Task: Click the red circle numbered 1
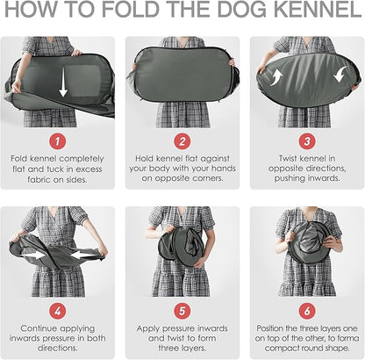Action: point(57,141)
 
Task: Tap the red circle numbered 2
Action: point(182,141)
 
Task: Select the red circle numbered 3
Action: point(307,141)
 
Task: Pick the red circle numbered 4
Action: point(57,311)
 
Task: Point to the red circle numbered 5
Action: point(182,311)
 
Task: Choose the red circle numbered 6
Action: point(307,311)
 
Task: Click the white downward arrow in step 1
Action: point(63,84)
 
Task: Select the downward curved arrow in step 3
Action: point(340,74)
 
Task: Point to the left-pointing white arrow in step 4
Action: point(83,256)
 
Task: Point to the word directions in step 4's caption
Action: point(58,348)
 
